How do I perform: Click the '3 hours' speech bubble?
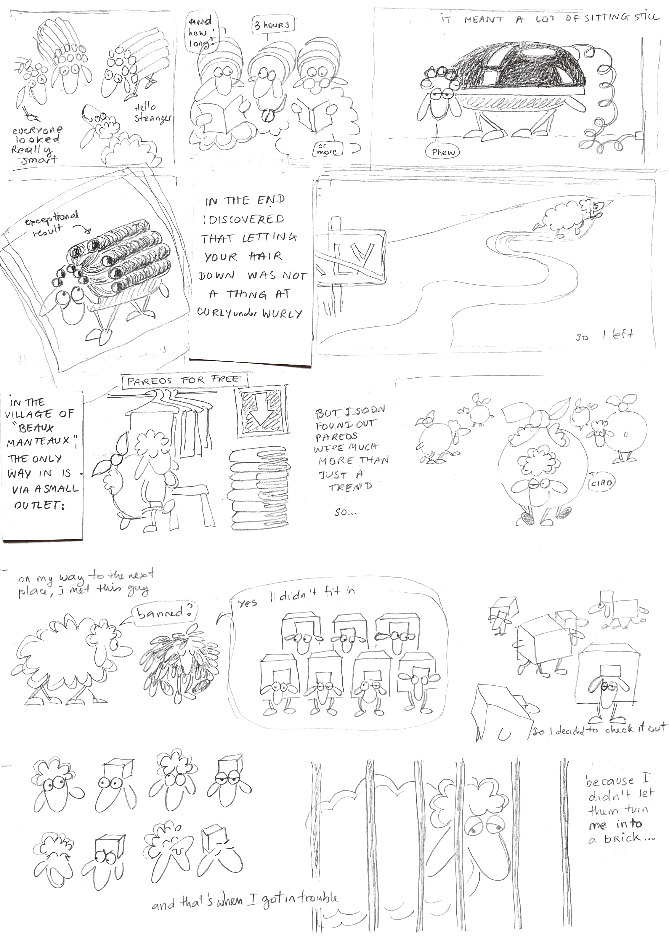coord(272,25)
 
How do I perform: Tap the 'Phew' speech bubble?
coord(443,152)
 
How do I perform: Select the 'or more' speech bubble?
coord(327,149)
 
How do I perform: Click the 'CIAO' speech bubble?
coord(601,482)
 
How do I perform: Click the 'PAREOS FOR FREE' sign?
coord(184,380)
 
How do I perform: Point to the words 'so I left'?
coord(604,335)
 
